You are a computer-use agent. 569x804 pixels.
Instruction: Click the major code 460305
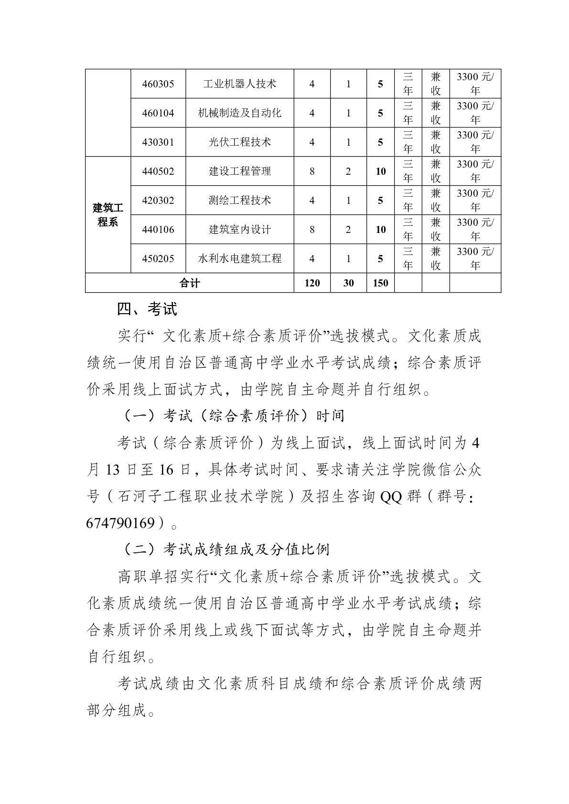point(158,84)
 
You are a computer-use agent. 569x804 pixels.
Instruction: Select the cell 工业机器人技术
point(240,84)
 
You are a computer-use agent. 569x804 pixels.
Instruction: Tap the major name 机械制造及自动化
point(240,113)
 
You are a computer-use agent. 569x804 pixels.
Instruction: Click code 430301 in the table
point(158,142)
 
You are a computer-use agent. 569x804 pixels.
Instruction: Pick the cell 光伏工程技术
point(240,142)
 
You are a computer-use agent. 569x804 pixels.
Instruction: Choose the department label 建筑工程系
point(108,215)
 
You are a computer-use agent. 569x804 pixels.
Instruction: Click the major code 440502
point(158,171)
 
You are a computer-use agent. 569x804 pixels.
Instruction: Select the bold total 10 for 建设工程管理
point(381,171)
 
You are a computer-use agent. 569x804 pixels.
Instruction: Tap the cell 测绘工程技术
point(240,201)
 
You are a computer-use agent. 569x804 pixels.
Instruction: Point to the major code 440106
point(158,230)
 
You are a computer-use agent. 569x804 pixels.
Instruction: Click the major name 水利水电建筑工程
point(240,259)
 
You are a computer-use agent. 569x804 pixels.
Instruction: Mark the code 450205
point(158,259)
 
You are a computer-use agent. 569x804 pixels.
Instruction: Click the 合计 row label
point(189,283)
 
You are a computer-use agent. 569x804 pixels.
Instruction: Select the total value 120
point(312,283)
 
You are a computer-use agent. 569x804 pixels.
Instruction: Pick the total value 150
point(381,283)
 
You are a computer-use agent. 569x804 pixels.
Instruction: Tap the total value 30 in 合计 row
point(349,283)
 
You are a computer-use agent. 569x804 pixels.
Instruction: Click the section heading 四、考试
point(147,309)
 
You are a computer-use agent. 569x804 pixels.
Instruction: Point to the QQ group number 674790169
point(121,523)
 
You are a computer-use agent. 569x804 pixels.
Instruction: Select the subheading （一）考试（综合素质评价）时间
point(231,416)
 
